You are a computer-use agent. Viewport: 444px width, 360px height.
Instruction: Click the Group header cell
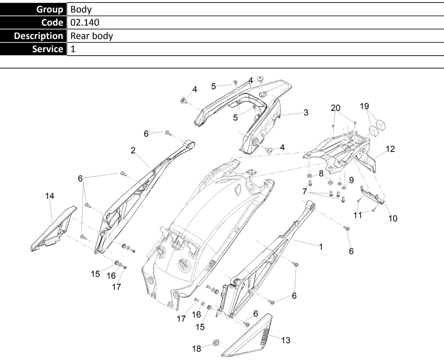click(x=33, y=9)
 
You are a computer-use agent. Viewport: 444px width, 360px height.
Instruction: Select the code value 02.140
click(x=85, y=22)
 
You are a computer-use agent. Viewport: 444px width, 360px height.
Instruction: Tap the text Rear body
click(x=92, y=36)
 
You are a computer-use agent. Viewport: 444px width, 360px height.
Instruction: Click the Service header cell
click(x=33, y=49)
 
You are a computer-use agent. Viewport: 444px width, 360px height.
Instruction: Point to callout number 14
click(x=50, y=196)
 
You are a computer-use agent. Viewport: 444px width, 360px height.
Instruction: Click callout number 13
click(x=286, y=340)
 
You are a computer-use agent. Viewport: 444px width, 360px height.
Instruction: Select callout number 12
click(x=390, y=149)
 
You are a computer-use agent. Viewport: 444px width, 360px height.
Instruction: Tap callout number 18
click(x=197, y=348)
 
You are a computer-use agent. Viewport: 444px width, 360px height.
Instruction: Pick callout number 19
click(x=364, y=106)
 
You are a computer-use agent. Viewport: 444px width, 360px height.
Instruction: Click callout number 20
click(x=336, y=108)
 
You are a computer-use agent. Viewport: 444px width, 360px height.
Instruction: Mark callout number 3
click(x=306, y=113)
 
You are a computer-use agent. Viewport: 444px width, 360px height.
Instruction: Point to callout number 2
click(x=133, y=150)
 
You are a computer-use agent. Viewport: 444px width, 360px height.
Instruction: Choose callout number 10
click(x=393, y=218)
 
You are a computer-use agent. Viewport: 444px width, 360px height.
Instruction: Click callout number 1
click(x=321, y=247)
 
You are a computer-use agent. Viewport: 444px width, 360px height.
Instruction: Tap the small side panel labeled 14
click(x=53, y=229)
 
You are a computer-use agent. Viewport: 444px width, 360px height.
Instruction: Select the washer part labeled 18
click(x=216, y=343)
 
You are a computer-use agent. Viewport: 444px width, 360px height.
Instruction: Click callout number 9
click(x=352, y=180)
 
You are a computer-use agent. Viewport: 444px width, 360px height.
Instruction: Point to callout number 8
click(x=321, y=174)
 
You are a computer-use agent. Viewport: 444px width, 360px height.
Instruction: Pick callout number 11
click(x=357, y=215)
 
